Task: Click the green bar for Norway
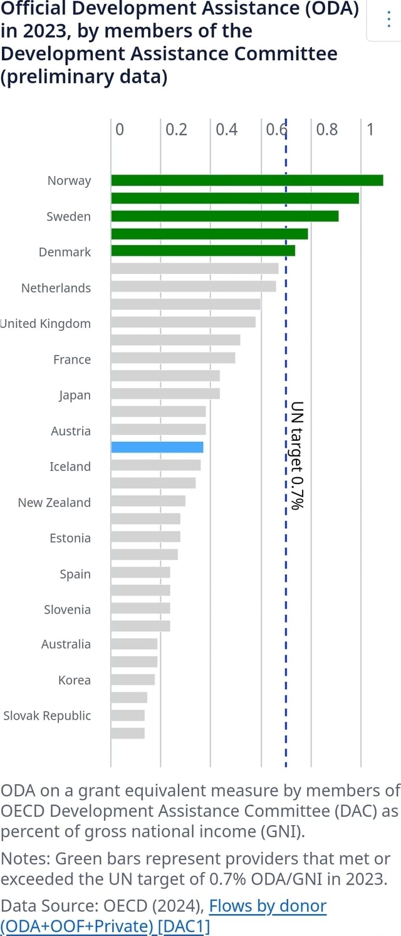point(247,181)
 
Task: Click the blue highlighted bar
point(157,447)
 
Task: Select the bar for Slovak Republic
point(128,715)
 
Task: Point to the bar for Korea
point(133,680)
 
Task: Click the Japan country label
point(75,396)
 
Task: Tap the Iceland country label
point(70,467)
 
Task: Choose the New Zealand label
point(55,503)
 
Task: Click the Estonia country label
point(70,539)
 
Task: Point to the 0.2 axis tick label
point(176,130)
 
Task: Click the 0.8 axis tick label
point(327,130)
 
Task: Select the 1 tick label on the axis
point(370,130)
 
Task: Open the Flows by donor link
point(268,906)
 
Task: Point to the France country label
point(72,360)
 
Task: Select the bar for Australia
point(134,644)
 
